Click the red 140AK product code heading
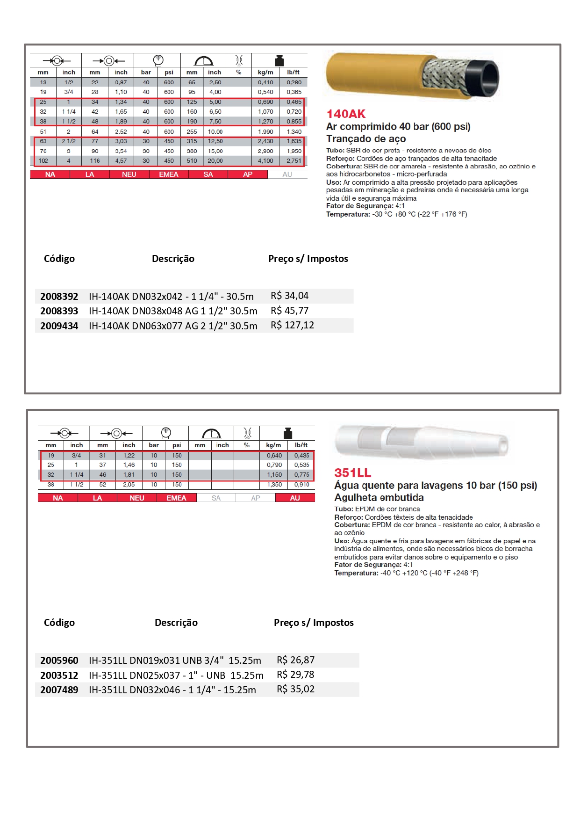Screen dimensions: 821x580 click(346, 114)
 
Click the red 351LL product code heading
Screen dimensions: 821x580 click(353, 473)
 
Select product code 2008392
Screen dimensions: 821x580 click(59, 297)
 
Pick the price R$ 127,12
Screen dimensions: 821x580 click(293, 325)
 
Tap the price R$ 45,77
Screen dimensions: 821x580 click(290, 311)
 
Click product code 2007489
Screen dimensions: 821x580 click(59, 690)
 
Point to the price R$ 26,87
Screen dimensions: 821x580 click(296, 660)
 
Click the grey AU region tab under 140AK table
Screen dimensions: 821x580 click(287, 174)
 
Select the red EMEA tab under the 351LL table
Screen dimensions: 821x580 click(176, 498)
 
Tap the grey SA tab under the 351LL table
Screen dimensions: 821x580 click(216, 498)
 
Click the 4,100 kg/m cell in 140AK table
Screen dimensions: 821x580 click(265, 161)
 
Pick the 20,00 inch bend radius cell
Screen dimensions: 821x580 click(215, 161)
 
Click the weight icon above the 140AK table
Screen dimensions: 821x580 click(279, 61)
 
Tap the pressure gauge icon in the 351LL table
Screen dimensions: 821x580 click(166, 433)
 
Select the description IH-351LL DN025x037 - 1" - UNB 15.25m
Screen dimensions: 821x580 click(176, 676)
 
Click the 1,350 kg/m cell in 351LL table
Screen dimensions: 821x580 click(274, 485)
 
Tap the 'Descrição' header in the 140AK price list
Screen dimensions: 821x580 click(173, 259)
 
